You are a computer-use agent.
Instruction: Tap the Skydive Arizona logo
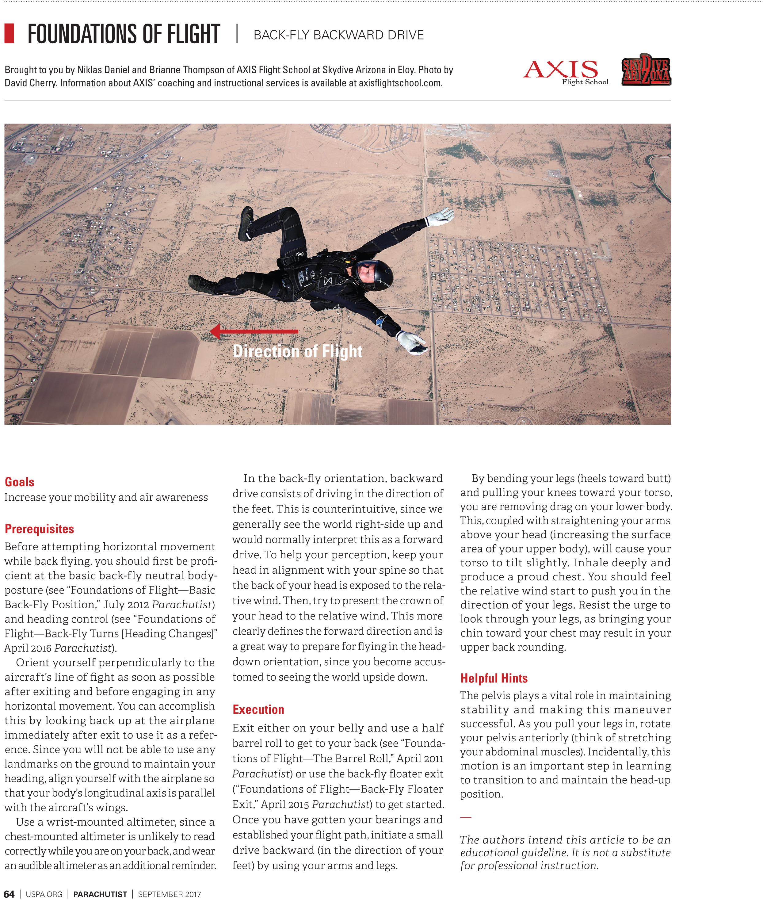(x=646, y=70)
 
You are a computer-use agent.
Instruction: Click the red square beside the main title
(x=9, y=34)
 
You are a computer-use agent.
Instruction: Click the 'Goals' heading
(x=19, y=482)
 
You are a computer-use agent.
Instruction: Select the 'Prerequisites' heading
(x=39, y=529)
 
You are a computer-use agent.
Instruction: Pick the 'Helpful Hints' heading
(x=494, y=678)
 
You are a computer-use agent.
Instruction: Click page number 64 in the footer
(x=9, y=894)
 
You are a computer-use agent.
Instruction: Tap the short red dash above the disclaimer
(x=465, y=817)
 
